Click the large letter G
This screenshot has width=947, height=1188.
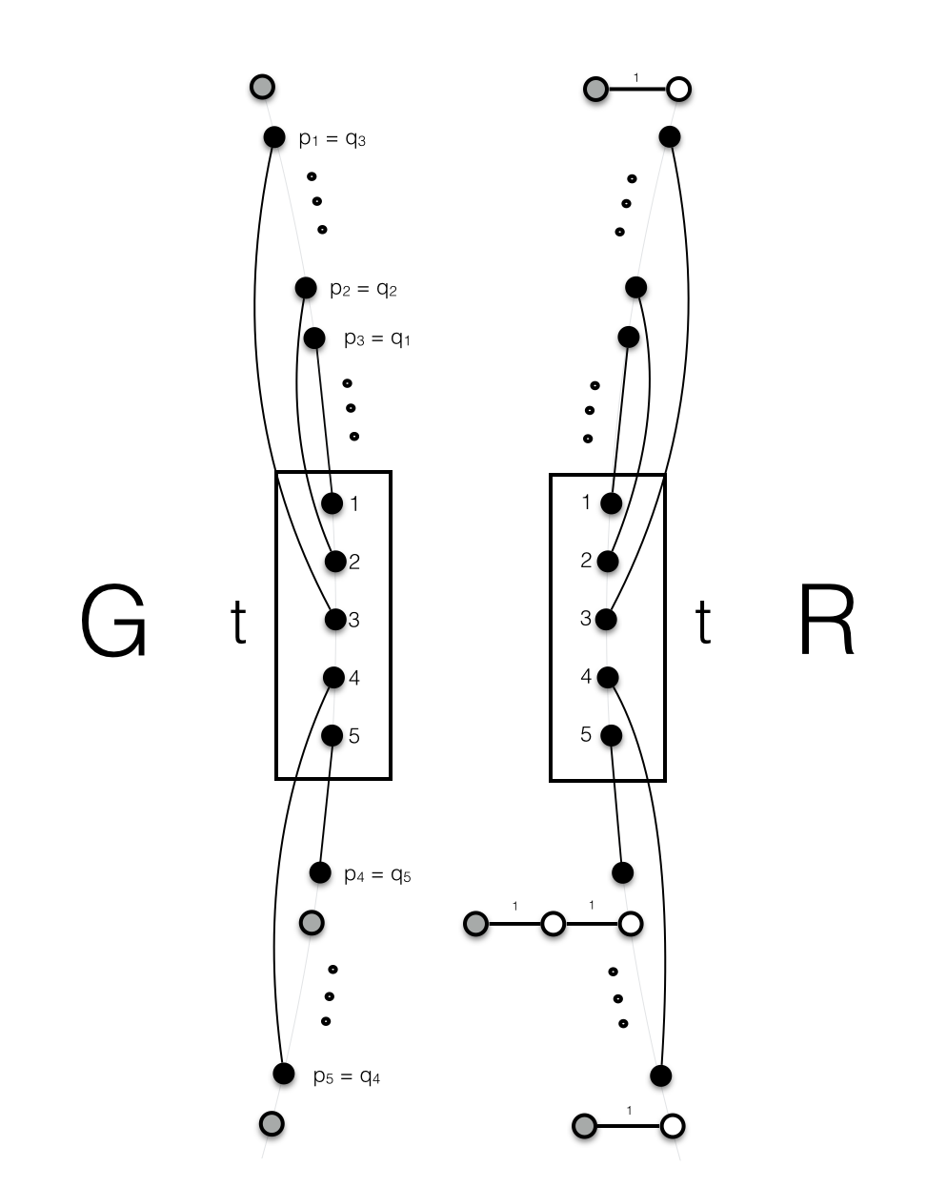pos(114,623)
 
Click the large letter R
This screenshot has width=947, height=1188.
pos(826,623)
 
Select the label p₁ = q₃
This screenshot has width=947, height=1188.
pos(332,139)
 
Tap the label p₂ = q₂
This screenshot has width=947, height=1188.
pos(363,289)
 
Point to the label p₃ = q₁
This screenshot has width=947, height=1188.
pos(377,338)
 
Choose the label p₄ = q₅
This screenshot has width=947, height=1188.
pos(377,874)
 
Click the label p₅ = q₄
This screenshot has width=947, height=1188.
pos(347,1077)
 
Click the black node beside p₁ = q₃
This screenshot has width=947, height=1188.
pos(273,137)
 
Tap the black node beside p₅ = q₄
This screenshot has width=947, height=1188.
pos(283,1074)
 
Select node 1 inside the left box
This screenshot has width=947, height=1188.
pos(332,502)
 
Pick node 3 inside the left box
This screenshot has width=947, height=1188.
pos(334,620)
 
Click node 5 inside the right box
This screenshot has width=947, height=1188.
pos(611,735)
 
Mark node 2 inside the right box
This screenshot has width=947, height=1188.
pos(608,562)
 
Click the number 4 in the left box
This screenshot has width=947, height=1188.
pos(354,678)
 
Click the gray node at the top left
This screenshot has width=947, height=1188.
pos(262,87)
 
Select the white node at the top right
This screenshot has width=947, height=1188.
pos(678,90)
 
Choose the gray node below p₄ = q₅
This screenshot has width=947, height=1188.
pos(312,922)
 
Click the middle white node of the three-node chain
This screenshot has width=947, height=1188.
pos(553,924)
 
